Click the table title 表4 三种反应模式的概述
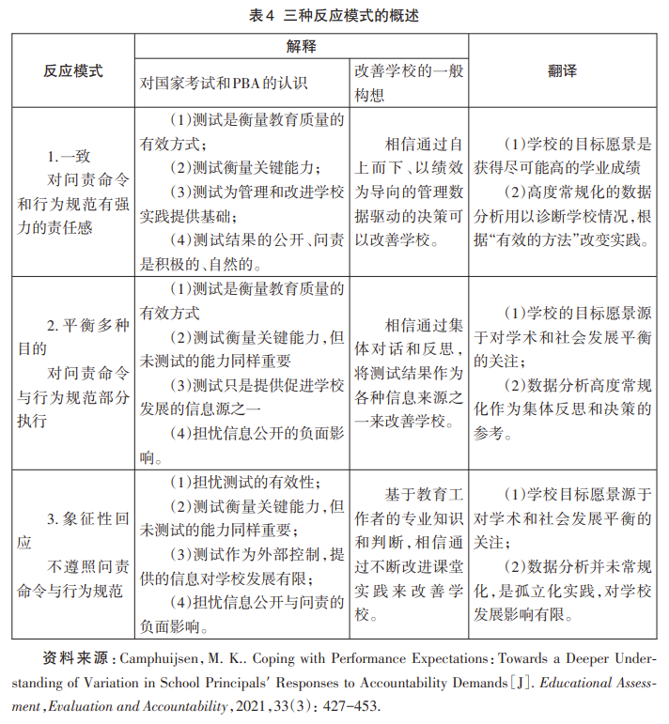(334, 15)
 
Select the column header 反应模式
(72, 71)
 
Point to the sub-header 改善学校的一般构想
(408, 83)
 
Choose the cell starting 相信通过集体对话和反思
(408, 372)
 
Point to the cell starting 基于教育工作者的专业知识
(408, 554)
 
